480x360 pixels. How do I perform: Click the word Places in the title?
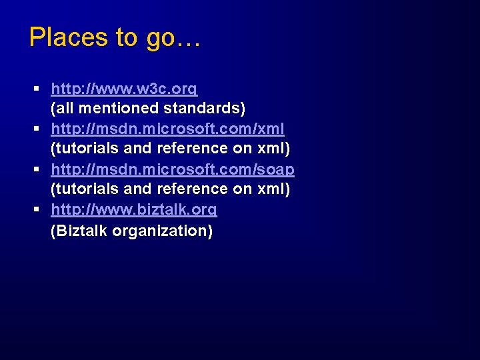pyautogui.click(x=68, y=37)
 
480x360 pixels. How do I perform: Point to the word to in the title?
pyautogui.click(x=126, y=38)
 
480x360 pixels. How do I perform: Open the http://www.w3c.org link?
pyautogui.click(x=124, y=88)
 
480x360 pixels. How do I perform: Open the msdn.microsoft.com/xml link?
pyautogui.click(x=167, y=129)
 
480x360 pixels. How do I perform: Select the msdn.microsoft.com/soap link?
pyautogui.click(x=173, y=169)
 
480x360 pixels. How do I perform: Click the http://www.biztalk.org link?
pyautogui.click(x=134, y=210)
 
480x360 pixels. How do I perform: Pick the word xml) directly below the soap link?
pyautogui.click(x=274, y=189)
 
